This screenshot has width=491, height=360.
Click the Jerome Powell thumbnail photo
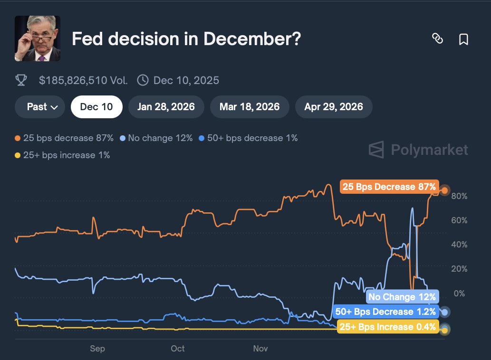point(37,38)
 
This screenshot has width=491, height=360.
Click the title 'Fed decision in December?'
point(186,39)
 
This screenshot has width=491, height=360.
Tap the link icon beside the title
point(437,39)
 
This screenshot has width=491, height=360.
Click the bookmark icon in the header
point(463,39)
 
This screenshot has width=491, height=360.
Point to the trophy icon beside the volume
point(21,80)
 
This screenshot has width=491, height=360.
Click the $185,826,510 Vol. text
point(83,80)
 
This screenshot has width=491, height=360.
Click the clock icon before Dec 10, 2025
point(142,80)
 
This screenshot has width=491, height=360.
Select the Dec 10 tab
point(96,107)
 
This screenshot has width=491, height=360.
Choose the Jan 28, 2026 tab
point(166,107)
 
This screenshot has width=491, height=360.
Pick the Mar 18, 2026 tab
point(250,107)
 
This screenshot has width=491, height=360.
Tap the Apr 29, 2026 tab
point(334,107)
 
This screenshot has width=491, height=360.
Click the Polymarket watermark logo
point(418,150)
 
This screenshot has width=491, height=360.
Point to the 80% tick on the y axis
point(460,196)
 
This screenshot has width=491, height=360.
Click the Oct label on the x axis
point(177,349)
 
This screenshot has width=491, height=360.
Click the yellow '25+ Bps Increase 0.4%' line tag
point(387,327)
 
